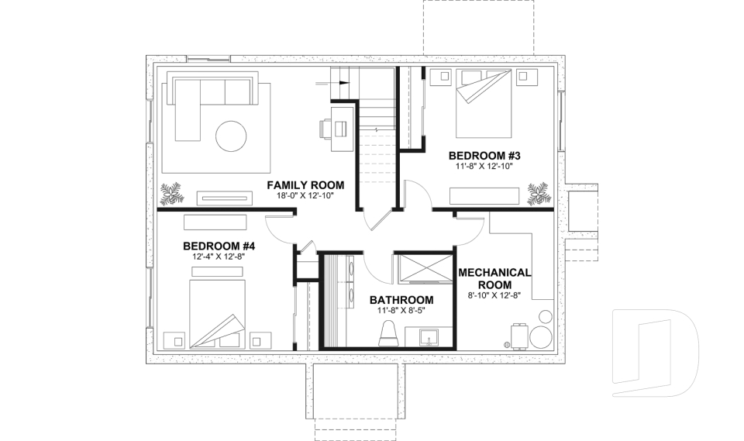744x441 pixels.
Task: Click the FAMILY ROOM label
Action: [x=305, y=185]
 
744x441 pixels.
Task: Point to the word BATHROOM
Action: [x=401, y=300]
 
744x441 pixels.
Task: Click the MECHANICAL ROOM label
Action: [x=494, y=278]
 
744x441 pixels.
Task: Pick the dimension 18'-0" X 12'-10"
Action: [x=305, y=196]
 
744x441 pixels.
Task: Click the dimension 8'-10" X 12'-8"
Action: [x=494, y=295]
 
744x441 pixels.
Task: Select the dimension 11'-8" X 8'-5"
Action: [x=401, y=310]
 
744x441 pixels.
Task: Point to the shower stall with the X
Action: [x=423, y=271]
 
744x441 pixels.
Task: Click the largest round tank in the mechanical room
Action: [x=538, y=336]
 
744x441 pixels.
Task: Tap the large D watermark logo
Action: [x=655, y=349]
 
